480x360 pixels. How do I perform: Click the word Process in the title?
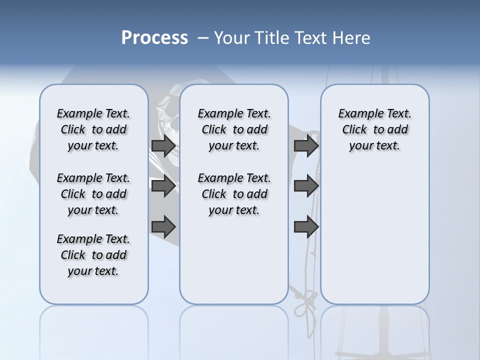(154, 37)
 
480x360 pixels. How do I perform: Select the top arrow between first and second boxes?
(163, 146)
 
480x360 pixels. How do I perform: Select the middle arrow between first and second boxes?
(163, 186)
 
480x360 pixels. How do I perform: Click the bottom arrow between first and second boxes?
(163, 227)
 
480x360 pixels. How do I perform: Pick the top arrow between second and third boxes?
(306, 146)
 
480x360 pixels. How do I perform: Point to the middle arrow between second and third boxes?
(306, 186)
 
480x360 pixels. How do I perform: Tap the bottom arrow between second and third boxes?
(306, 227)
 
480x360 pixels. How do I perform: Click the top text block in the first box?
(93, 129)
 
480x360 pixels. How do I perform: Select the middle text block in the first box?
(93, 194)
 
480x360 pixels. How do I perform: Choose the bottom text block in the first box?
(93, 255)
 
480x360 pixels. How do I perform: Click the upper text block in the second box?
(234, 129)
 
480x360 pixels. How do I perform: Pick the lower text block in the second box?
(234, 194)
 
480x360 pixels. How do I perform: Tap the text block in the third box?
(374, 129)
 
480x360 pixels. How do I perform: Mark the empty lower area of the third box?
(374, 235)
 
